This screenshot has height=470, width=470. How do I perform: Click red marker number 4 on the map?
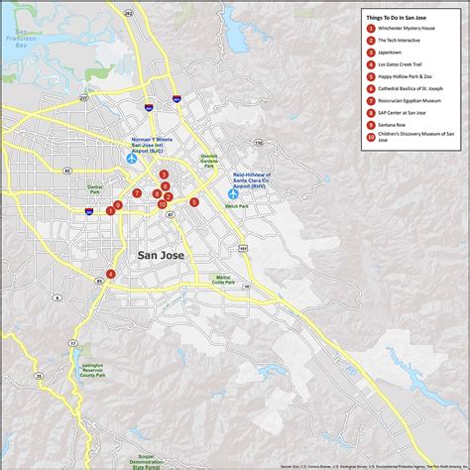111,274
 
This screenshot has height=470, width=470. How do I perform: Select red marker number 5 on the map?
194,201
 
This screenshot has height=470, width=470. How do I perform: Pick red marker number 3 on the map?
165,175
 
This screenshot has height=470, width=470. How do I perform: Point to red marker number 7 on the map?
137,192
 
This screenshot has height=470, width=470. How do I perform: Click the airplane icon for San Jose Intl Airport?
131,159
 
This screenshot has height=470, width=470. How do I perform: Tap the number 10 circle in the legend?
370,136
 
